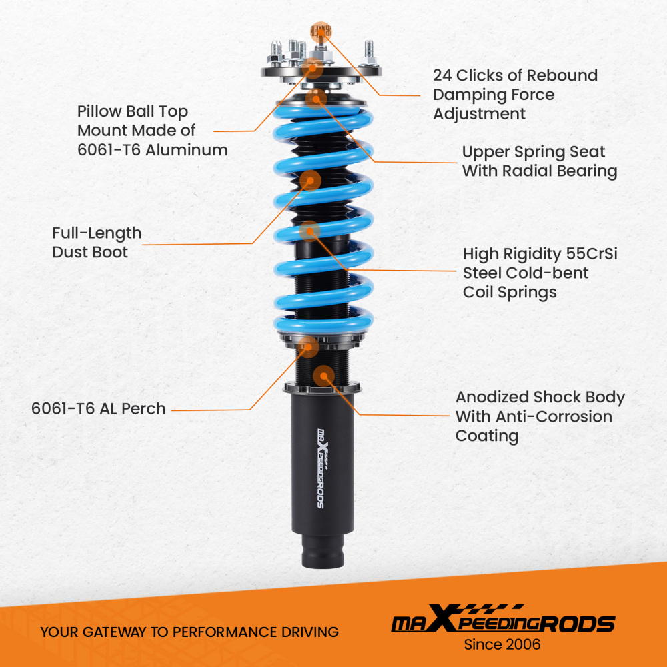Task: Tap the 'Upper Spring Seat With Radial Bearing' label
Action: (539, 161)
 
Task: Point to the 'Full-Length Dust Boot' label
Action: (97, 242)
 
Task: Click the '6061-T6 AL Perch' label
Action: (98, 408)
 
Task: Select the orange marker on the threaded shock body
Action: (324, 376)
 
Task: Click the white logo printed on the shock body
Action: (322, 467)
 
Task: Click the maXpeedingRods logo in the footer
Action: (502, 623)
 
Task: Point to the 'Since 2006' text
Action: (502, 644)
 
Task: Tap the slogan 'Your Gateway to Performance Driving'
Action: (189, 632)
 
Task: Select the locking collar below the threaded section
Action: (323, 389)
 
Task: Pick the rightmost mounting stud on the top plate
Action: (368, 51)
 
